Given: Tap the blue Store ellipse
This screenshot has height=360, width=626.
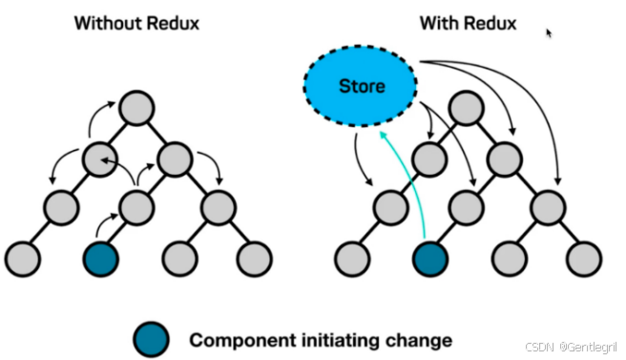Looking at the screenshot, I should tap(362, 87).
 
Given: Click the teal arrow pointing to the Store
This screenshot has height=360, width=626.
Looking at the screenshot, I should tap(407, 181).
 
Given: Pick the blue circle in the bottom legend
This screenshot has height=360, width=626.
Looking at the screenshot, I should tap(153, 338).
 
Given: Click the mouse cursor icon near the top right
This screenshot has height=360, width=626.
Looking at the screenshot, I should tap(550, 32).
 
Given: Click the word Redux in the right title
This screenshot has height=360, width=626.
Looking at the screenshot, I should tap(489, 22).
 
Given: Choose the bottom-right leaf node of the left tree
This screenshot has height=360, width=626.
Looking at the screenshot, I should tap(254, 257).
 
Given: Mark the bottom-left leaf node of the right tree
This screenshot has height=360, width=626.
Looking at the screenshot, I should tap(350, 257).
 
